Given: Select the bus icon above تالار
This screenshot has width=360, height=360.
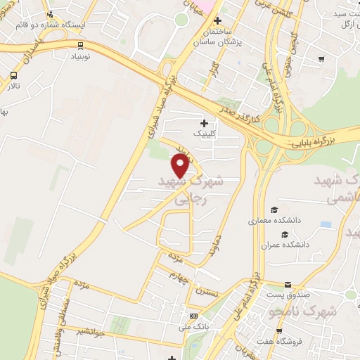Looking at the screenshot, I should coord(14,75).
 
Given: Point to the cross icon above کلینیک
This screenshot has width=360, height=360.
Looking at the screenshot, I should coord(204,123).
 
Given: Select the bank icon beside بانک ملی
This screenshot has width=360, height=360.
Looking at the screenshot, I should coord(194,316).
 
